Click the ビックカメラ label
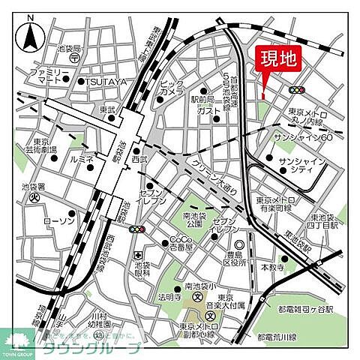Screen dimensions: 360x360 pyautogui.click(x=172, y=87)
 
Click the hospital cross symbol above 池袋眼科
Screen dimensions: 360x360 pyautogui.click(x=137, y=257)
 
